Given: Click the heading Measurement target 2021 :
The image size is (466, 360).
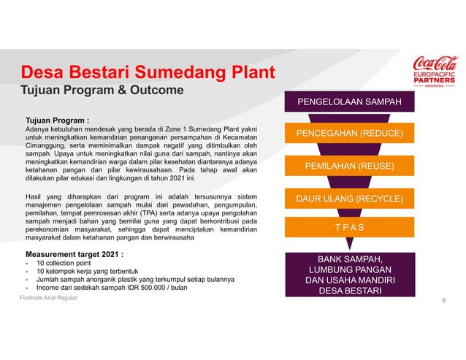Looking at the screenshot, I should [x=74, y=254].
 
